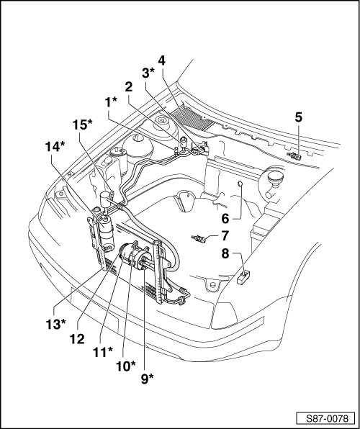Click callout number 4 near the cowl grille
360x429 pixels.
[161, 60]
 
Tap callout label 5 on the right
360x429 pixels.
[298, 117]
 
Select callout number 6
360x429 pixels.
[225, 219]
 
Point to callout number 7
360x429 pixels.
[225, 236]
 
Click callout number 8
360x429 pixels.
[225, 253]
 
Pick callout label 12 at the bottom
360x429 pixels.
[77, 339]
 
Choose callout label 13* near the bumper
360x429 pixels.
[55, 324]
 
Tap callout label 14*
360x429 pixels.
[55, 147]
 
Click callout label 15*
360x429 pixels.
[82, 125]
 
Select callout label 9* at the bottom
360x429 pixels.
[148, 379]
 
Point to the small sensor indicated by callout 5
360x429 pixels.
[294, 156]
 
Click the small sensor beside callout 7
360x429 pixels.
[199, 239]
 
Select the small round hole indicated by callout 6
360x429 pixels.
[240, 184]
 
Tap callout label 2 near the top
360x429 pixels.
[128, 87]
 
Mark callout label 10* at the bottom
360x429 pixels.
[126, 366]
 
